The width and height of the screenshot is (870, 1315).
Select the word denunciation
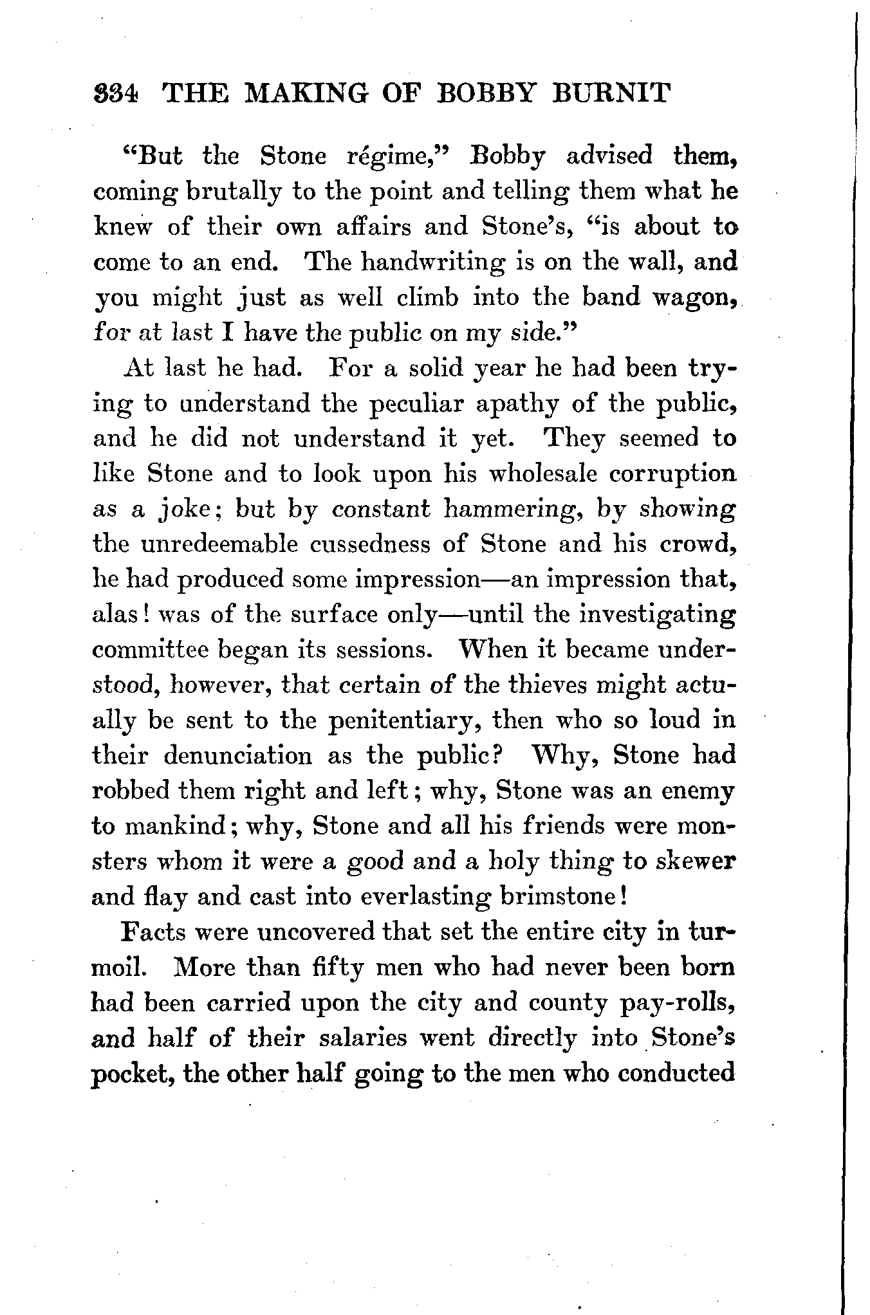tap(238, 755)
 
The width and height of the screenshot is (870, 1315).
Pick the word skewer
tap(696, 861)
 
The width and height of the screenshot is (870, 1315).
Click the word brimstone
tap(554, 896)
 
